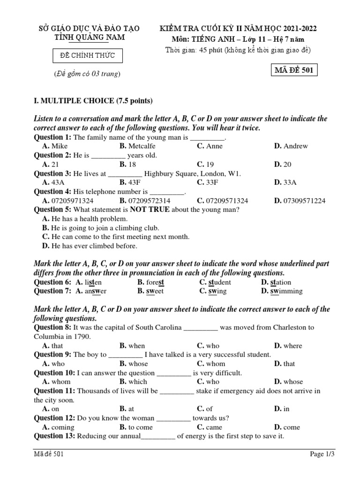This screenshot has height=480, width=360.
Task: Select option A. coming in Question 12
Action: click(x=58, y=427)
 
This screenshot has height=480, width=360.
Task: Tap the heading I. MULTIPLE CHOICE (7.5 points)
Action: click(x=93, y=101)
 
